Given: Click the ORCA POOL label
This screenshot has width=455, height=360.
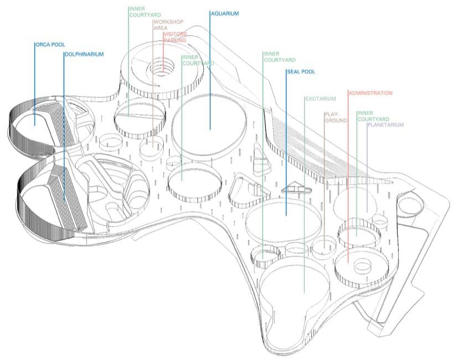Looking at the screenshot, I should tap(49, 44).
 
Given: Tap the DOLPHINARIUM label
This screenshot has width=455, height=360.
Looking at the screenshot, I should tap(84, 54).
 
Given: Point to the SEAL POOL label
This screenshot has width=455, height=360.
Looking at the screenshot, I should tap(301, 71).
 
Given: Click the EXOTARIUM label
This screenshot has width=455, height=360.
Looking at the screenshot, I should tap(320, 99).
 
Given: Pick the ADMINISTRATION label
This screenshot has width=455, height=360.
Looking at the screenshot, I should tap(371, 93).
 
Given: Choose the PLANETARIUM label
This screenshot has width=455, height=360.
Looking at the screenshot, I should tap(386, 125).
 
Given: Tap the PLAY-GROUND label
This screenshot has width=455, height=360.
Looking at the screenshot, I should tap(335, 117).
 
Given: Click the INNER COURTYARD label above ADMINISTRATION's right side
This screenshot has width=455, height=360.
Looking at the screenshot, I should tap(373, 116).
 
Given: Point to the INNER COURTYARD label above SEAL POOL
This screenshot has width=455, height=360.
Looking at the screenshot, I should tap(280, 57).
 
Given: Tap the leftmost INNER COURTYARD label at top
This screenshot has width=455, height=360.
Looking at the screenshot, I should tap(144, 12).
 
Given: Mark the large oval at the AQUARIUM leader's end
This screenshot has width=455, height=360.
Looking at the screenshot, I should tap(209, 126).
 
